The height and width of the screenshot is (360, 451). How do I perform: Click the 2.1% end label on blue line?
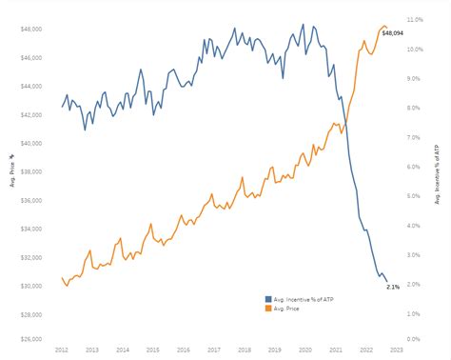393,285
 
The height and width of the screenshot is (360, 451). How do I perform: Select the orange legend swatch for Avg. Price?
268,309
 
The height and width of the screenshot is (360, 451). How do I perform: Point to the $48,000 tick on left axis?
31,29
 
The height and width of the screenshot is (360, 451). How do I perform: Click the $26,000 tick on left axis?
31,339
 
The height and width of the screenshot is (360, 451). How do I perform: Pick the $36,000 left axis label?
31,200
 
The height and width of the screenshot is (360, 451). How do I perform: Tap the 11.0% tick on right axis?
414,19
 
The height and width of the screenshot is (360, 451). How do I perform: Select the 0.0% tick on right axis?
414,339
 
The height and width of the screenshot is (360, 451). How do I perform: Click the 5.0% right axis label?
414,194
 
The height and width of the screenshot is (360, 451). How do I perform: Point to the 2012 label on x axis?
62,350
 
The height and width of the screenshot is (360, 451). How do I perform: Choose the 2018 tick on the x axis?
245,350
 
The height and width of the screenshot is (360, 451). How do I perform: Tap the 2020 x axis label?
305,350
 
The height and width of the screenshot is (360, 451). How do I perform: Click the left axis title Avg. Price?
11,171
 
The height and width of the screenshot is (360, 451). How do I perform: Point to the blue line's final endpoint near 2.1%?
386,282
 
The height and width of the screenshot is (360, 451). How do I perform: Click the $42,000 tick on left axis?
31,114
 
